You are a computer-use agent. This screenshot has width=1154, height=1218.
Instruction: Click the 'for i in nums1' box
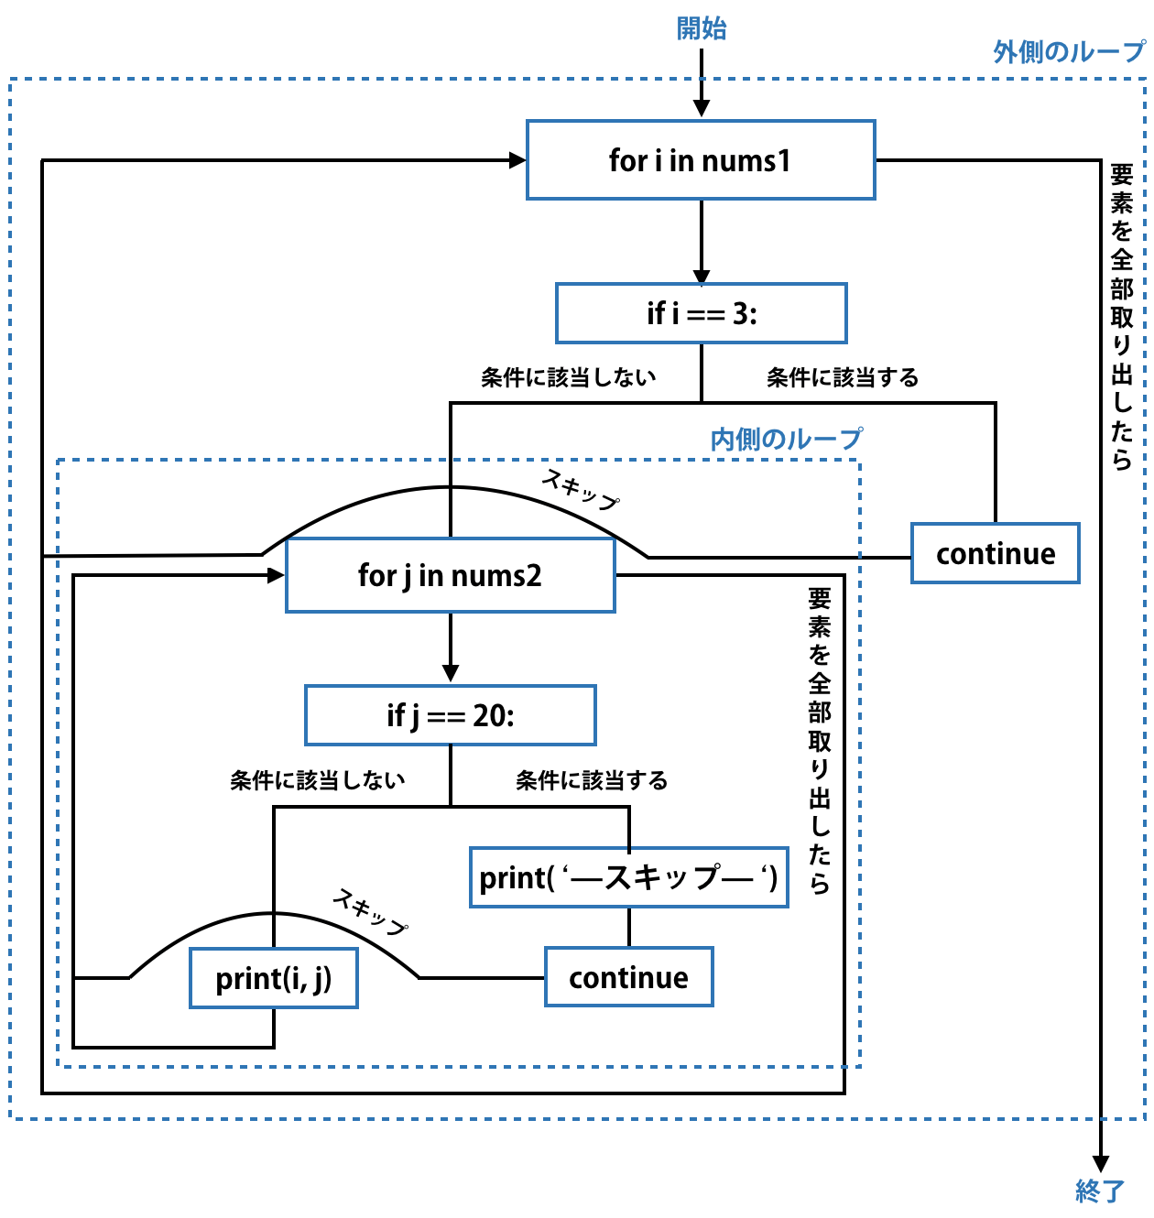point(701,160)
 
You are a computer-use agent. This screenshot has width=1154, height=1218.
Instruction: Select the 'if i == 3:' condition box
point(701,313)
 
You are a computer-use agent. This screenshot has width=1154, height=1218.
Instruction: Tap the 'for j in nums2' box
point(450,575)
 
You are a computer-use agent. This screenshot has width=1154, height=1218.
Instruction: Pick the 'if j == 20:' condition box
point(450,715)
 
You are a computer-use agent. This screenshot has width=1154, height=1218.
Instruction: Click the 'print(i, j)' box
point(273,978)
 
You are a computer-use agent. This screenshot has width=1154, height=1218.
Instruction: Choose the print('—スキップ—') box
point(628,877)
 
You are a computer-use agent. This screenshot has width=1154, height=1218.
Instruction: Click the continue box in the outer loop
point(995,553)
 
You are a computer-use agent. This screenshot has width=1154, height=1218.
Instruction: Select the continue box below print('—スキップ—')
point(628,977)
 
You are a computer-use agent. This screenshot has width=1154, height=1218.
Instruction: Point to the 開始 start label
point(701,28)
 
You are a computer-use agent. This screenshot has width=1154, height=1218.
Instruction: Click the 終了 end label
point(1100,1191)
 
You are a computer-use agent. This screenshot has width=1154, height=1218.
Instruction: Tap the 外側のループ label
point(1069,51)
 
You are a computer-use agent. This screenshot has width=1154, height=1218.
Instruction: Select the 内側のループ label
point(786,439)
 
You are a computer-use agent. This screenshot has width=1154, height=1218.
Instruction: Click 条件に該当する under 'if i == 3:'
point(843,377)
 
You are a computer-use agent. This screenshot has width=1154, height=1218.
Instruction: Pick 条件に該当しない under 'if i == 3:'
point(568,377)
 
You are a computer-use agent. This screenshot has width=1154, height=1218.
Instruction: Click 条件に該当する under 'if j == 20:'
point(592,780)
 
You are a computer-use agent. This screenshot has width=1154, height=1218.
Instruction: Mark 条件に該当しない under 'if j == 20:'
point(317,780)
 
